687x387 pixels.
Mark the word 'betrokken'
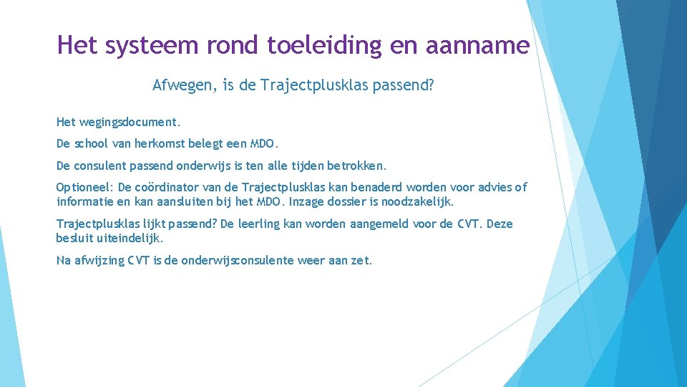point(356,166)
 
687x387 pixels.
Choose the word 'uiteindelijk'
point(131,238)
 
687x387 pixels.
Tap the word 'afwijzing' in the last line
point(100,260)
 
